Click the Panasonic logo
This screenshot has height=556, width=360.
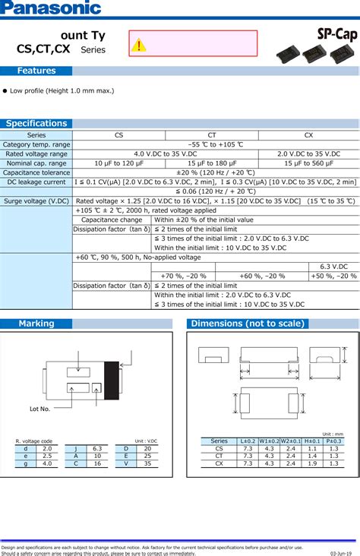(x=51, y=8)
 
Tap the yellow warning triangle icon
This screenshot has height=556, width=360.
(x=138, y=46)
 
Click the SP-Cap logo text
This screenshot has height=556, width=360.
(x=334, y=33)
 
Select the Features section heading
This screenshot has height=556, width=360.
(x=36, y=71)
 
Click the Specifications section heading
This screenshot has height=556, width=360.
(x=36, y=123)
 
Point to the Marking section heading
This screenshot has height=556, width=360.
(x=36, y=324)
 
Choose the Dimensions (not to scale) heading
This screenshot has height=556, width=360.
(x=248, y=324)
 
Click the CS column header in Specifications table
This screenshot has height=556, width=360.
(x=118, y=134)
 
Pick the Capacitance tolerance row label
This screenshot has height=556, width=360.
(x=36, y=172)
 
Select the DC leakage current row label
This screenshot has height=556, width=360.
(x=36, y=182)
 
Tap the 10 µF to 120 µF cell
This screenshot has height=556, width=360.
(x=118, y=163)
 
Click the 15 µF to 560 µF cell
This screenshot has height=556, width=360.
(x=308, y=163)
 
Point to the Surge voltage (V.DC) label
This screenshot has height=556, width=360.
(x=36, y=201)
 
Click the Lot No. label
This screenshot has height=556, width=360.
(x=39, y=409)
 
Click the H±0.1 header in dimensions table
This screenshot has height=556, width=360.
(x=312, y=441)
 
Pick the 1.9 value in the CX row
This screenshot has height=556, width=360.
(x=312, y=463)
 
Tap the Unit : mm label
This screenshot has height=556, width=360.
(x=333, y=434)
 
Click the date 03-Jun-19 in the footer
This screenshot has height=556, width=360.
(x=343, y=553)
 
